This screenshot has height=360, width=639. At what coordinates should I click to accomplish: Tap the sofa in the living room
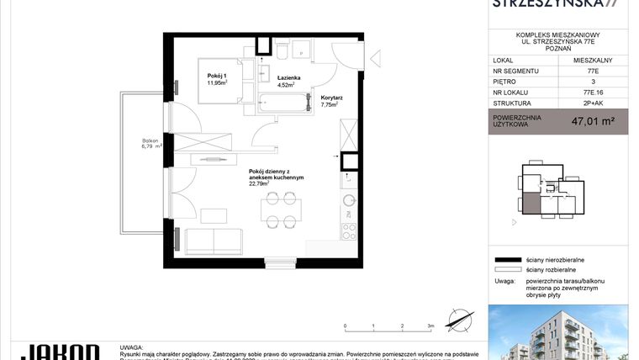tap(214, 241)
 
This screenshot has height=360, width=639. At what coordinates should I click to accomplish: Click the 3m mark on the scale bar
tap(430, 325)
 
